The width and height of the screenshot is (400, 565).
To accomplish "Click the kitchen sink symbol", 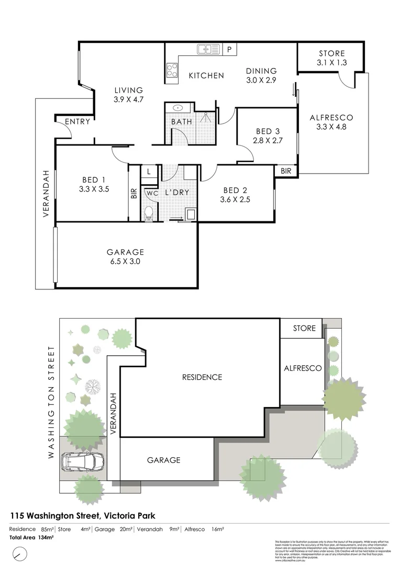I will coord(208,50).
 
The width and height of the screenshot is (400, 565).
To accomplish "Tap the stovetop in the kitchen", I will coord(171,70).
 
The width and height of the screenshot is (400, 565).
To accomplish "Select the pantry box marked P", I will coord(229,50).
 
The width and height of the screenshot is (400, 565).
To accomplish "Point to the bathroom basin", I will coord(178,108).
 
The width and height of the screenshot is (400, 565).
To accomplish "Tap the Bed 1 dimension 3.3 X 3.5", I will coord(92,189).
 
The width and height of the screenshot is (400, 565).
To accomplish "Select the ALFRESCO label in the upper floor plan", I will coord(331,118).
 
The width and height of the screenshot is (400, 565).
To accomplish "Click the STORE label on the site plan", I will coord(304,329).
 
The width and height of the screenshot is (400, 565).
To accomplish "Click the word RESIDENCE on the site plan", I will coord(202,377).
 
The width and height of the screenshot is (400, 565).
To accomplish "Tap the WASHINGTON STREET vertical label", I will coord(51,402).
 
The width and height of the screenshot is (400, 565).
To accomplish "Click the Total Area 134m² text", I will coord(32,537).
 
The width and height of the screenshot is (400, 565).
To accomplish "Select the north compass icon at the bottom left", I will coord(19,553).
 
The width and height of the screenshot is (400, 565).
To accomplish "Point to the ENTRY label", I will coord(77,122).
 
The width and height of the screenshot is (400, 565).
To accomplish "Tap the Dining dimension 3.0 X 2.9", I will coord(261,80).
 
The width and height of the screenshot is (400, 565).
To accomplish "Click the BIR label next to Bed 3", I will coord(286,171).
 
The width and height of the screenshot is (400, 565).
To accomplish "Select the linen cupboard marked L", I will coord(149,171).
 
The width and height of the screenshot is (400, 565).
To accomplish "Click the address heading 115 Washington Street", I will coord(82,515).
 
